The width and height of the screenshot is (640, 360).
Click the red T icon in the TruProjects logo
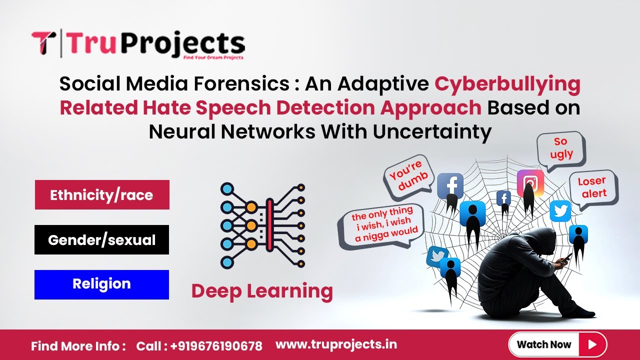tap(43, 43)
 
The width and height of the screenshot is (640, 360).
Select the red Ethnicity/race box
tap(102, 194)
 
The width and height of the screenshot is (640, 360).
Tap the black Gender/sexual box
tap(102, 240)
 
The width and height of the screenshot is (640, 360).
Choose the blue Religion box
tap(101, 284)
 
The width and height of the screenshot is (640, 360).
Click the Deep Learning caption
tap(262, 291)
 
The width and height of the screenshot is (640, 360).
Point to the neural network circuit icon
tap(262, 225)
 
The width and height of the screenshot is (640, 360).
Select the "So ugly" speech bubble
tap(561, 148)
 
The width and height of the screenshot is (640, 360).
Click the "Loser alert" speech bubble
tap(593, 187)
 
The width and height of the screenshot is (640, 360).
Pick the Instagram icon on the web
tap(530, 183)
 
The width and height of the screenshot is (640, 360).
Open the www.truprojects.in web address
tap(336, 344)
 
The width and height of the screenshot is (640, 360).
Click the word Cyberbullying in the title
tap(507, 84)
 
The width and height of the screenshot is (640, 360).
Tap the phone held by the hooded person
tap(566, 258)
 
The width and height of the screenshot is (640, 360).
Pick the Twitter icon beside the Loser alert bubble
tap(560, 211)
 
